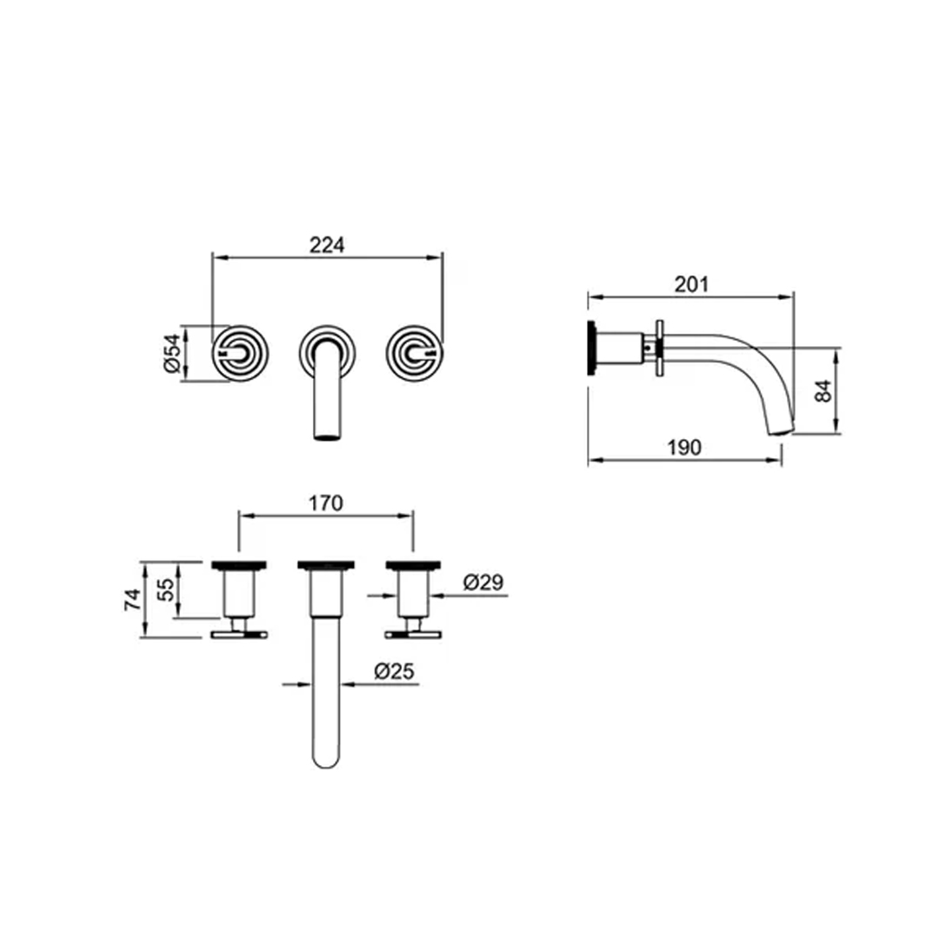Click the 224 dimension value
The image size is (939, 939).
click(x=328, y=246)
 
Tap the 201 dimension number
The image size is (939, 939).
click(x=691, y=284)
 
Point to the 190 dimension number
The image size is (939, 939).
click(x=684, y=448)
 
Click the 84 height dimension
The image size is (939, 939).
click(x=824, y=390)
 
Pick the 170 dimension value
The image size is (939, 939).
click(x=326, y=503)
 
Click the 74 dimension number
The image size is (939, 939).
click(x=132, y=600)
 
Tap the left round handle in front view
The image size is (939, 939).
click(x=243, y=353)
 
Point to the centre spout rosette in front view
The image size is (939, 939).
click(x=327, y=348)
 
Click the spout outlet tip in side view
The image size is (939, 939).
click(x=782, y=428)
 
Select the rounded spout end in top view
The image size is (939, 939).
click(x=325, y=757)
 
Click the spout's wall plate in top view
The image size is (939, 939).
click(x=326, y=565)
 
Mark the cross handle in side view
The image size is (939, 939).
click(x=661, y=348)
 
